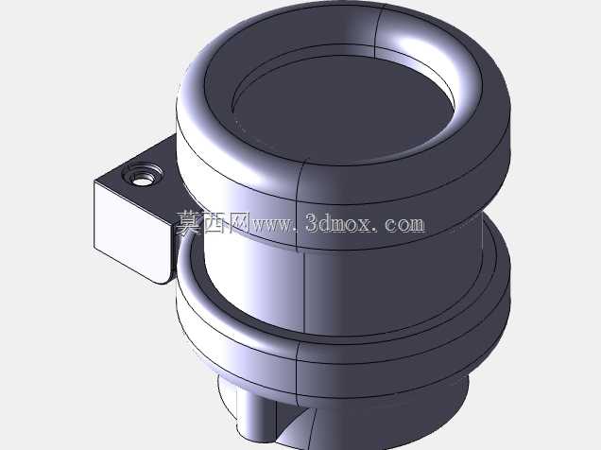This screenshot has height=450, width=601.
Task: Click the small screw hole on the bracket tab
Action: point(143,179)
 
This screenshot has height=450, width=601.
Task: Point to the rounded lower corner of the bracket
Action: point(165,278)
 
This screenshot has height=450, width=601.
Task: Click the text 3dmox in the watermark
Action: point(338,223)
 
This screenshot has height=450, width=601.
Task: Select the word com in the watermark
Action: point(404,225)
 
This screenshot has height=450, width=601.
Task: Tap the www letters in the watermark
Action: point(272,225)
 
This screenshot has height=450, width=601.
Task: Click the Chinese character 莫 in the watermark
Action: point(189,223)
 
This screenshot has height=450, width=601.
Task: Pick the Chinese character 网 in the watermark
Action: point(237,223)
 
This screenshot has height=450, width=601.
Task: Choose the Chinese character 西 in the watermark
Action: point(214,223)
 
